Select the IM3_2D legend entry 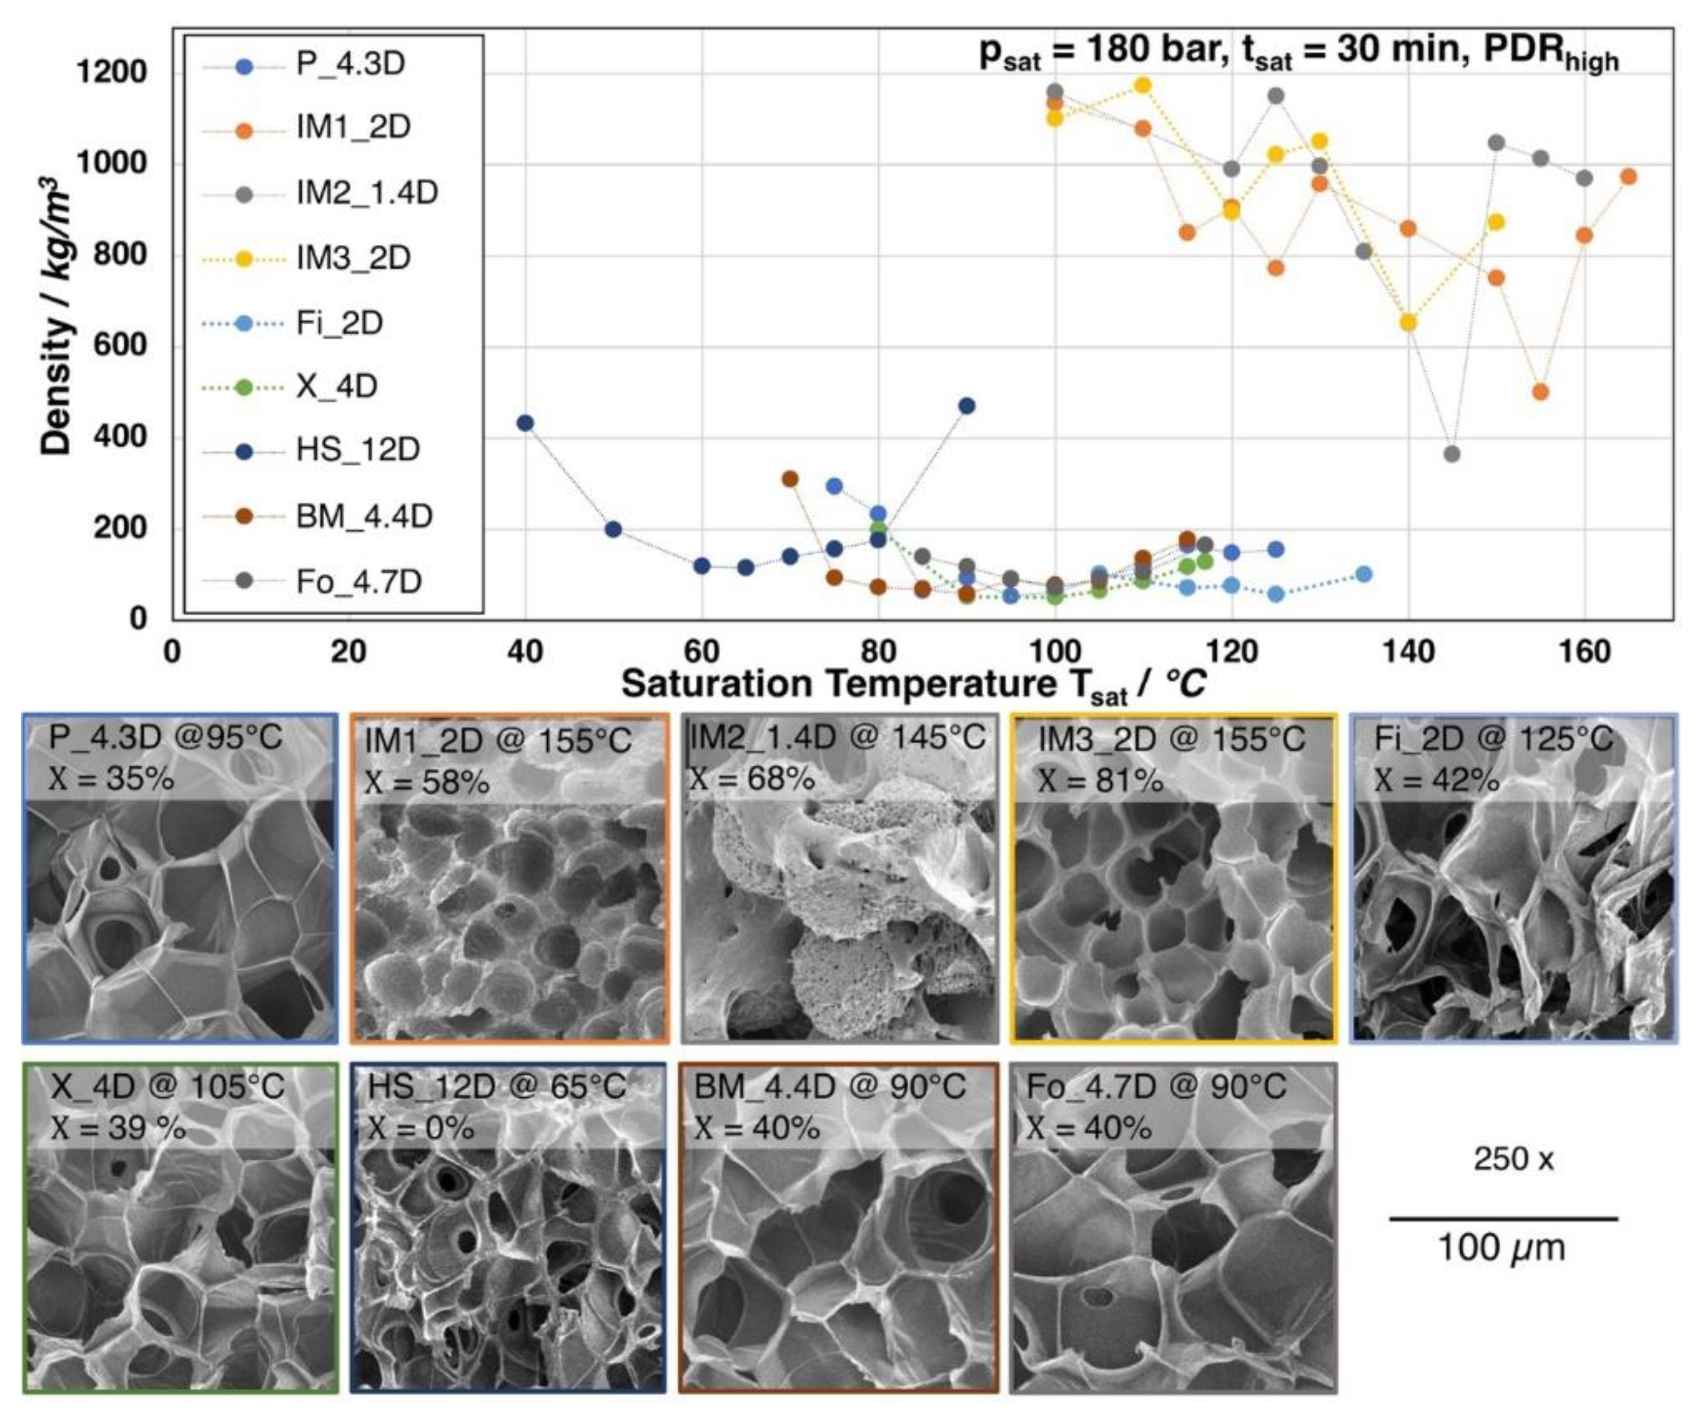pos(353,258)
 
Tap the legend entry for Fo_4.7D pos(358,581)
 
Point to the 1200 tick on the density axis pos(111,73)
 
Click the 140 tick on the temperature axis pos(1408,651)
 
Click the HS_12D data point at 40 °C pos(525,423)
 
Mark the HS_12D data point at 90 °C pos(966,406)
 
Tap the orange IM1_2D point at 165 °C pos(1629,177)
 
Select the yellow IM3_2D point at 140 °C pos(1408,323)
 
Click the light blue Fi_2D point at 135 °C pos(1364,574)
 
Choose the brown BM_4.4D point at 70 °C pos(790,479)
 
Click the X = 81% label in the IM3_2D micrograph pos(1100,780)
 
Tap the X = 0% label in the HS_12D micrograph pos(421,1127)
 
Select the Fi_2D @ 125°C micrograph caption pos(1493,738)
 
